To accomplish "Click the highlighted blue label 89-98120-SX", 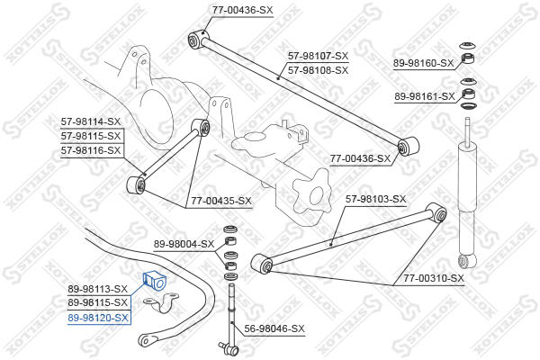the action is coord(98,318).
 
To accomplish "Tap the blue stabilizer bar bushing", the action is coord(154,281).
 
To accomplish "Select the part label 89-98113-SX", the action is coord(98,289).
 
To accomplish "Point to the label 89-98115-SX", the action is coord(98,302).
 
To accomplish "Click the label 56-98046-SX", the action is coord(274,328).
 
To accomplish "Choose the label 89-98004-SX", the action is coord(184,244).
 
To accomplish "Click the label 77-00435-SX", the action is coord(221,201).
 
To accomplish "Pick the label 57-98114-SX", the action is coord(91,121).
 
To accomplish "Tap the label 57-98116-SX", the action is coord(91,150).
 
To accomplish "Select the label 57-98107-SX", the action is coord(319,56).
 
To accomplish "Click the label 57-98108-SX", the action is coord(319,70).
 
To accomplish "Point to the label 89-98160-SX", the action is coord(424,63).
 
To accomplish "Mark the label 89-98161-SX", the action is coord(425,96).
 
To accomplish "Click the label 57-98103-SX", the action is coord(375,199).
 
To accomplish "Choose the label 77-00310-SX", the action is coord(434,278).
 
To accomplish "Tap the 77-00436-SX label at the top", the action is coord(242,10).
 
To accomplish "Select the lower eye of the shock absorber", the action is coord(467,261).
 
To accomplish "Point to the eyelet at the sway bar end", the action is coord(147,340).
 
